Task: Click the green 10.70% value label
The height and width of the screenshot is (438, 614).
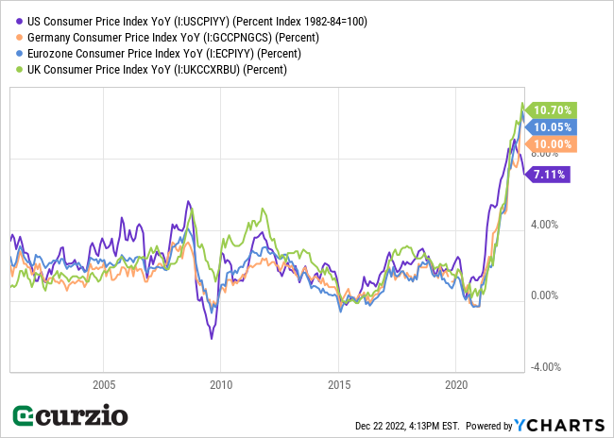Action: click(552, 110)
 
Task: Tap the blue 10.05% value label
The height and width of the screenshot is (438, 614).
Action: click(552, 127)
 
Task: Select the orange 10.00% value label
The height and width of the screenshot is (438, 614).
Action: click(552, 144)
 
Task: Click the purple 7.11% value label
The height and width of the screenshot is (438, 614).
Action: click(552, 174)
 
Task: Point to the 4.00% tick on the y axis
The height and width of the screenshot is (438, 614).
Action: click(544, 225)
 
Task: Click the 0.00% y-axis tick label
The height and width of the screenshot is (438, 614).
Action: click(544, 296)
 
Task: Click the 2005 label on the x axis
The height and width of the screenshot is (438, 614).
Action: click(104, 384)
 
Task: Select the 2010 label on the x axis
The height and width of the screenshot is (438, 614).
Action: click(221, 384)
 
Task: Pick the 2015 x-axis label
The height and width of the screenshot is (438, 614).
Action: click(339, 384)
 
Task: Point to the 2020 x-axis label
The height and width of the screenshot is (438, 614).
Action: click(456, 384)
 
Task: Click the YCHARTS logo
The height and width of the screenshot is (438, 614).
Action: click(559, 424)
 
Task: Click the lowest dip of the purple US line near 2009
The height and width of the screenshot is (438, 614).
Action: click(212, 338)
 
